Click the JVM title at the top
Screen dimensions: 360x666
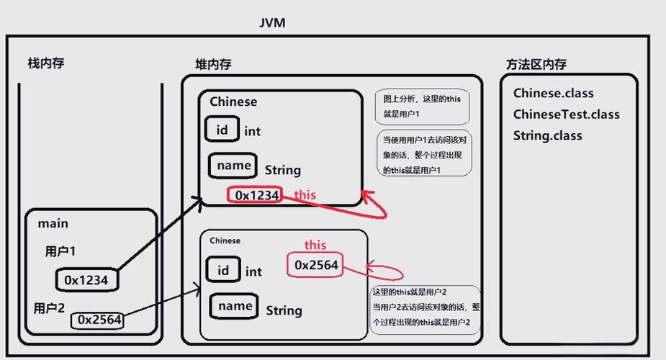click(272, 22)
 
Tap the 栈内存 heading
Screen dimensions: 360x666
click(46, 63)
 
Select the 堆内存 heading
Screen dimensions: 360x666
click(213, 65)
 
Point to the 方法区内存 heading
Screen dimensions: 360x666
click(536, 64)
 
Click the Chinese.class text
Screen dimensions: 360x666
click(553, 93)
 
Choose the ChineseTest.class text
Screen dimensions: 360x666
click(566, 114)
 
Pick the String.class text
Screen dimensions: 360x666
click(547, 135)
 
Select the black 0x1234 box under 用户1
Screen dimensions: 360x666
click(86, 280)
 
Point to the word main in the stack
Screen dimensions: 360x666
click(53, 224)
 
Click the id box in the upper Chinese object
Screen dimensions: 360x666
click(222, 130)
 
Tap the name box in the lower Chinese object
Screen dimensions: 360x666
click(235, 306)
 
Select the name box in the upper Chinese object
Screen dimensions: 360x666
click(234, 166)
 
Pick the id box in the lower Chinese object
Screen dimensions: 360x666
click(223, 270)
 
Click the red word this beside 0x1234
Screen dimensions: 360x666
click(305, 195)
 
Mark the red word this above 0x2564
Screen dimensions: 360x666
click(315, 245)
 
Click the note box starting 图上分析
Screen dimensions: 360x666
click(421, 107)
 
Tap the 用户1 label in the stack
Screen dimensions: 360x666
click(60, 251)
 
